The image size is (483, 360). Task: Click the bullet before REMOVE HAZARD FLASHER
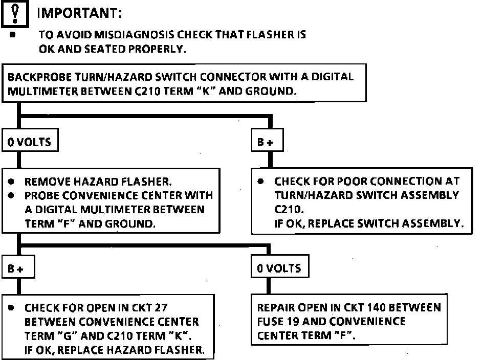coord(12,182)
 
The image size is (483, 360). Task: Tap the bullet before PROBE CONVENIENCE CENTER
coord(12,195)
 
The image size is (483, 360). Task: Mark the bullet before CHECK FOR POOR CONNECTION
coord(261,182)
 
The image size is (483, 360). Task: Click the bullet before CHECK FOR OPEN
coord(12,308)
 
